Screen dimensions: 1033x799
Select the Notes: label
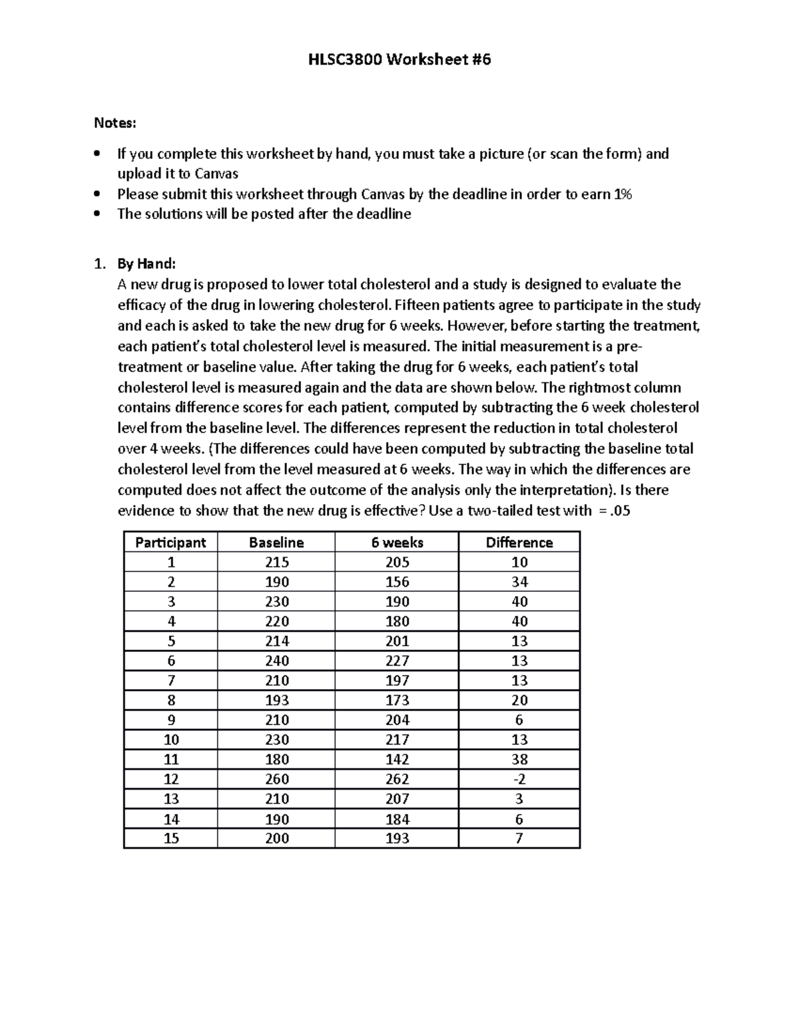click(x=115, y=122)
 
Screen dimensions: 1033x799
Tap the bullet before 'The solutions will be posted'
click(x=98, y=214)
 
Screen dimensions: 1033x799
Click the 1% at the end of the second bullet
click(x=623, y=194)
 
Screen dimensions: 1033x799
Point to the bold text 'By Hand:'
click(x=146, y=264)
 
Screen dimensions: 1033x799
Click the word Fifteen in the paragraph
click(x=415, y=305)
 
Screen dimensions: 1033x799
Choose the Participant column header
click(x=170, y=543)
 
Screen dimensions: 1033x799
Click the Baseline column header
click(x=276, y=543)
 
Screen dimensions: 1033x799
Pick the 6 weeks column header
click(x=397, y=543)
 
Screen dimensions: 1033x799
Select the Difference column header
click(x=519, y=543)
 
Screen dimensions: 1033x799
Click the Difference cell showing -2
click(x=519, y=779)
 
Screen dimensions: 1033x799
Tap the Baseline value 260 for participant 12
click(x=276, y=779)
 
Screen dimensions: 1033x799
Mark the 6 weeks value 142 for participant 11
click(x=397, y=760)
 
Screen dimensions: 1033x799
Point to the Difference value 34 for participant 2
click(x=519, y=582)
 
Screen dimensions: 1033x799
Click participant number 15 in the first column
click(x=171, y=838)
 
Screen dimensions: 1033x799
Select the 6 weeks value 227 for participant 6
click(x=397, y=661)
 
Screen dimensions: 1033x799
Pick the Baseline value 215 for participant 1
click(x=276, y=562)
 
